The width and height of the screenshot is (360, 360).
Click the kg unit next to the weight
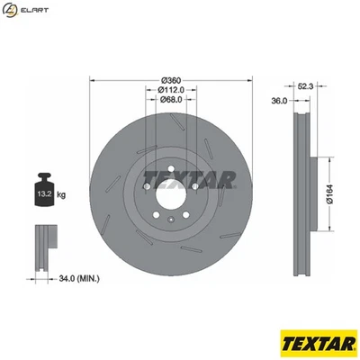pyautogui.click(x=62, y=193)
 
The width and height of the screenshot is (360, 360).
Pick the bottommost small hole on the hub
pyautogui.click(x=170, y=219)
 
